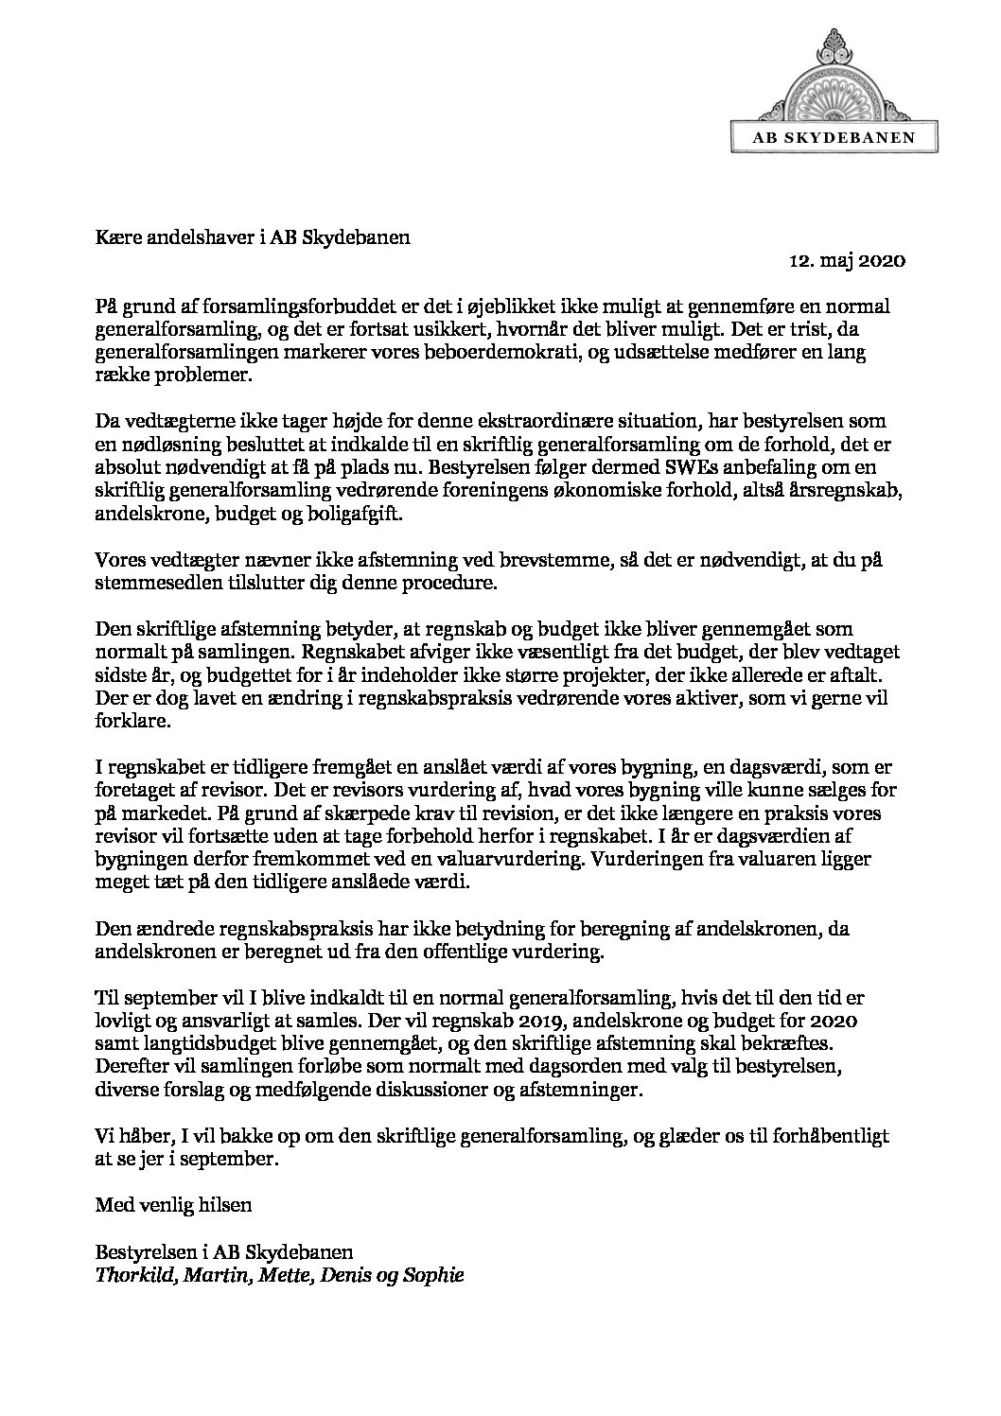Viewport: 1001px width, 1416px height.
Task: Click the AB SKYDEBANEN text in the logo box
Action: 834,137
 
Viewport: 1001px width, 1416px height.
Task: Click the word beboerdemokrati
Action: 519,352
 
